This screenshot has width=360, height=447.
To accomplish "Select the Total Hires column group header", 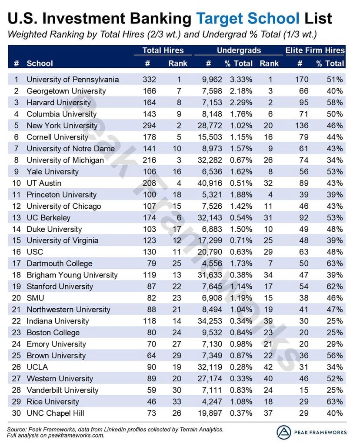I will click(x=163, y=50).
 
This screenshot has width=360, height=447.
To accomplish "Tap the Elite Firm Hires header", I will click(x=315, y=50).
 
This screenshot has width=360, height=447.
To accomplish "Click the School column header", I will click(x=40, y=63).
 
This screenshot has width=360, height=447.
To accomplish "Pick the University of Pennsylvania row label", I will click(x=73, y=80).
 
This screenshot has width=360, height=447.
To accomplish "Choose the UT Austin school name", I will click(x=44, y=183).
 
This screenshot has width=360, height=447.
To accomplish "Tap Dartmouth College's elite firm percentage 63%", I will click(x=336, y=264).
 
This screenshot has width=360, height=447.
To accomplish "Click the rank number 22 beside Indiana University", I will click(x=17, y=321).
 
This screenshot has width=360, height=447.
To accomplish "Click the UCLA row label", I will click(x=37, y=367).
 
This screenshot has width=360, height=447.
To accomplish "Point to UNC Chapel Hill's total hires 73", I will click(x=149, y=413).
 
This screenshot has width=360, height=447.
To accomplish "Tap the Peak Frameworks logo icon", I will click(x=283, y=432).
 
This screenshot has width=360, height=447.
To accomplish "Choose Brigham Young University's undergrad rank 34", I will click(x=269, y=275).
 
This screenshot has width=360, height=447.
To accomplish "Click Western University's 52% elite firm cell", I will click(x=336, y=379).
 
